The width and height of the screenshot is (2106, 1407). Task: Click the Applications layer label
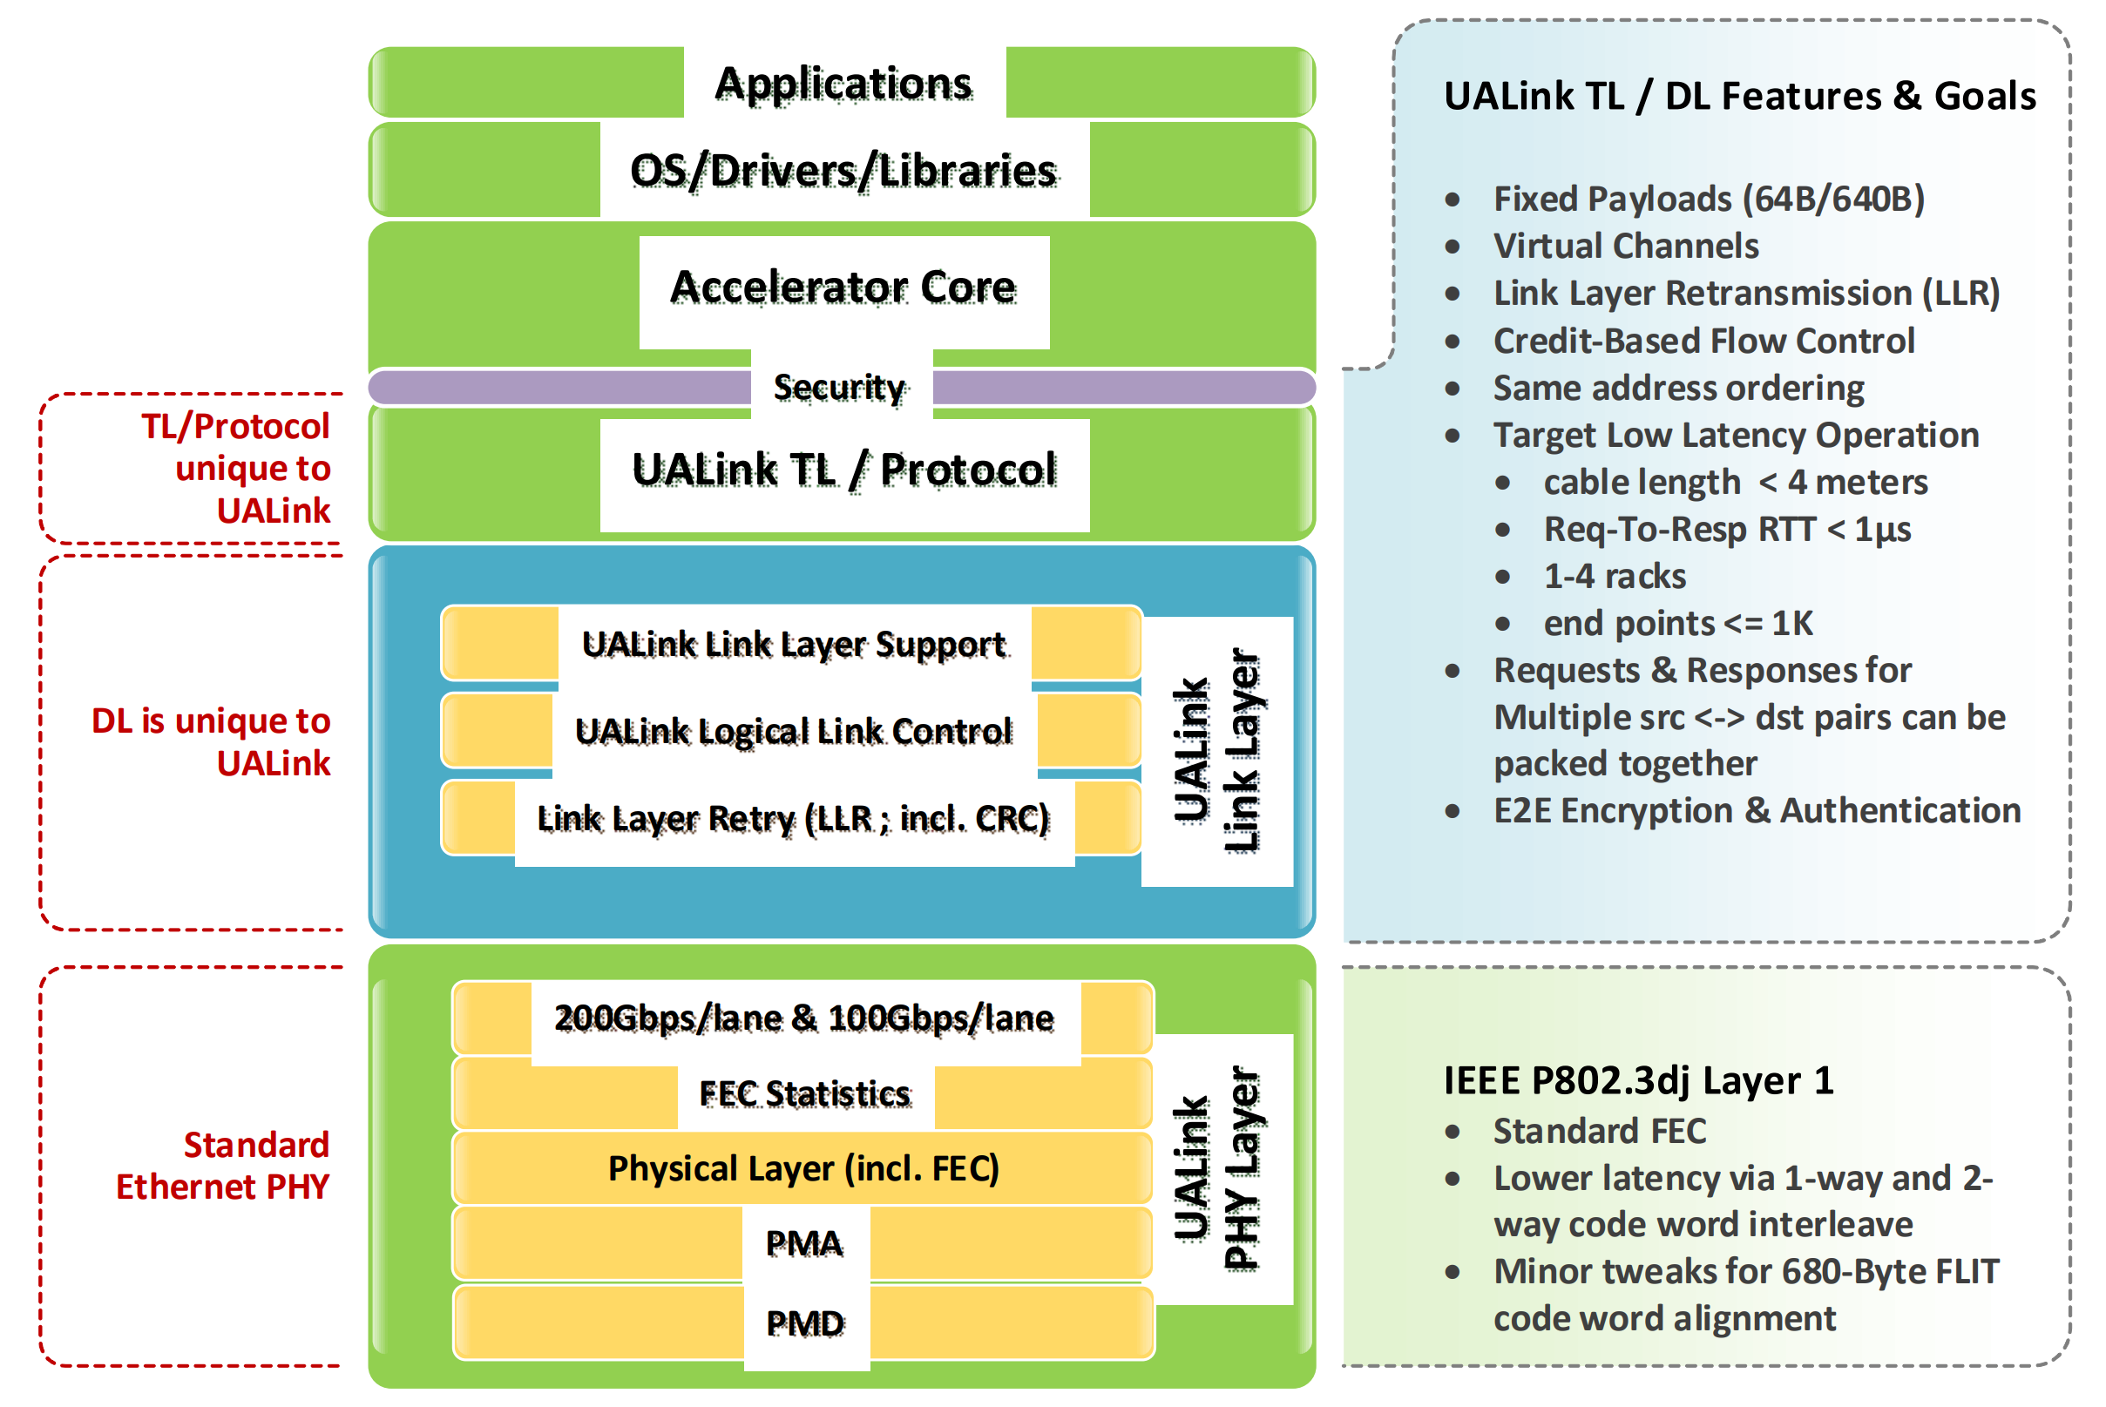pyautogui.click(x=843, y=84)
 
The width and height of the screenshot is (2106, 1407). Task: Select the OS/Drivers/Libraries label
pyautogui.click(x=843, y=171)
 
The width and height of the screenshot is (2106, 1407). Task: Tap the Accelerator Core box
pyautogui.click(x=843, y=288)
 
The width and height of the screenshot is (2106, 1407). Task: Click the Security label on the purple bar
pyautogui.click(x=840, y=388)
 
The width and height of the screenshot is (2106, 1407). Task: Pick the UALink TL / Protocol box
pyautogui.click(x=843, y=470)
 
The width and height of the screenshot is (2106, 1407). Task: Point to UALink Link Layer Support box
pyautogui.click(x=793, y=645)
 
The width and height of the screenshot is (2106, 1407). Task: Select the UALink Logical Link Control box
pyautogui.click(x=793, y=731)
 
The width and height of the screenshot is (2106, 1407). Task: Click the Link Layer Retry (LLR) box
pyautogui.click(x=793, y=818)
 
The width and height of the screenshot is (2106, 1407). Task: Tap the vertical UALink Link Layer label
pyautogui.click(x=1216, y=751)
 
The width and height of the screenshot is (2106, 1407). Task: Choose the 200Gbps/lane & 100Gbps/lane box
pyautogui.click(x=804, y=1018)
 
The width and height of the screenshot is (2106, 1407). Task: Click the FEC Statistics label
pyautogui.click(x=805, y=1094)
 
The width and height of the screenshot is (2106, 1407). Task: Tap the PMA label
pyautogui.click(x=805, y=1244)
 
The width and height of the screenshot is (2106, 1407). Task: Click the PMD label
pyautogui.click(x=805, y=1322)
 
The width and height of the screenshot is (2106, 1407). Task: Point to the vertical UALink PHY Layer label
pyautogui.click(x=1216, y=1168)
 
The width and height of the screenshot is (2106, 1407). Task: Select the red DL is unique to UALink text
pyautogui.click(x=212, y=742)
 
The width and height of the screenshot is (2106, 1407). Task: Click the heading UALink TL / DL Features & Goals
pyautogui.click(x=1739, y=96)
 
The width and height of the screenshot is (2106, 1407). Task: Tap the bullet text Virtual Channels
pyautogui.click(x=1625, y=246)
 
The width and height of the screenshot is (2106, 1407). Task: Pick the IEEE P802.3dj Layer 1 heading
pyautogui.click(x=1637, y=1080)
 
